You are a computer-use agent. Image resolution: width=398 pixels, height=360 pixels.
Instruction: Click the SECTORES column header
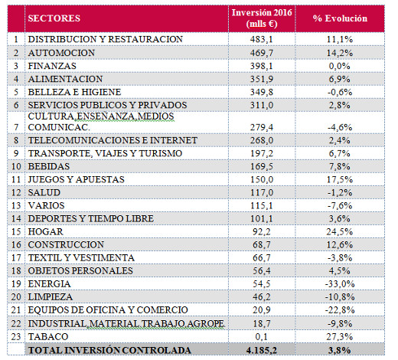coord(54,18)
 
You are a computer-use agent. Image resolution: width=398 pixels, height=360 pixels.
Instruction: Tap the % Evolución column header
coord(340,18)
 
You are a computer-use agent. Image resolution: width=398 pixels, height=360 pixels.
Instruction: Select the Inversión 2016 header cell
coord(262,18)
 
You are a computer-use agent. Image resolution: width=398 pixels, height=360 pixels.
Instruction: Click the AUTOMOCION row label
coord(61,53)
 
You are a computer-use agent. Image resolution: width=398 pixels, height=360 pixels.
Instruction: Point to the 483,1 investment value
coord(262,39)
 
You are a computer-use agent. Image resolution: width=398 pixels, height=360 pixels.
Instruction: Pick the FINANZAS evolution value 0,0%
coord(339,66)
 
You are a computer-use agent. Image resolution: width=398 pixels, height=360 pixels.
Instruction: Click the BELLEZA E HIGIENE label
coord(74,92)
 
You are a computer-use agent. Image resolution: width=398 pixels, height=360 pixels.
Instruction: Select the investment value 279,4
coord(262,127)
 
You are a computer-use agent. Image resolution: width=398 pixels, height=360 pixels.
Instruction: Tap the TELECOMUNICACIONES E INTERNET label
coord(113,140)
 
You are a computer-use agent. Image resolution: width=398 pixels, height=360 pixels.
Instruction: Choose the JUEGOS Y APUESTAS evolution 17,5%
coord(340,179)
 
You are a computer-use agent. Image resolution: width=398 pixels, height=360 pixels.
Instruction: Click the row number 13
coord(16,205)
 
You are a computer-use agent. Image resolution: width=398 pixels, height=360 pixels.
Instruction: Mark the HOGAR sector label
coord(45,231)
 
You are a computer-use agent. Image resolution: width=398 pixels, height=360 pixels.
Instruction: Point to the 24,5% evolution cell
coord(340,231)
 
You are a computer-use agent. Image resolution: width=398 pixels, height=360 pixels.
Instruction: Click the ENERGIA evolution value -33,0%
coord(340,283)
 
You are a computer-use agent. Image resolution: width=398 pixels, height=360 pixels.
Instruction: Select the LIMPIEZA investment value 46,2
coord(262,296)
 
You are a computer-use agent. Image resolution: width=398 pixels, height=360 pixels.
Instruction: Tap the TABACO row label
coord(48,336)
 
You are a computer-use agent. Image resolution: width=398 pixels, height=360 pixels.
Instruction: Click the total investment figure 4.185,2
coord(262,350)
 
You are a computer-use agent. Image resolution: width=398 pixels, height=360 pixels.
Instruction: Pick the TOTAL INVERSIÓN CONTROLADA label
coord(109,350)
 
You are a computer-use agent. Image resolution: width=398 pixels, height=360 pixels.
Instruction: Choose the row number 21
coord(16,310)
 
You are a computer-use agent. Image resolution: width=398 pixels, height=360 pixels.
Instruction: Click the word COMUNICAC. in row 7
coord(59,127)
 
